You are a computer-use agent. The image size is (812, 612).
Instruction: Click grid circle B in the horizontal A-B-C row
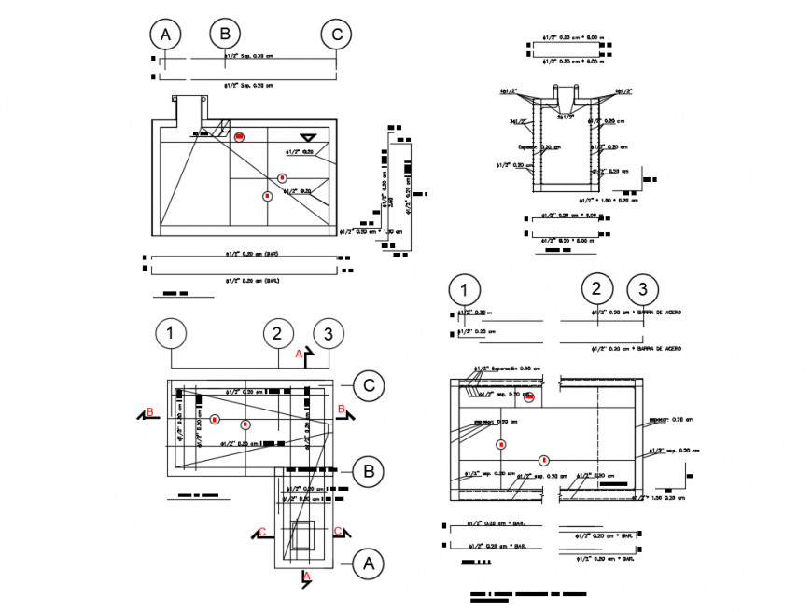tap(224, 35)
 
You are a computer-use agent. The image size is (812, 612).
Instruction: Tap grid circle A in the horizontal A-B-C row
tap(165, 35)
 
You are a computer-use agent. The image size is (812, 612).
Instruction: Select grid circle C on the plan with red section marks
tap(369, 384)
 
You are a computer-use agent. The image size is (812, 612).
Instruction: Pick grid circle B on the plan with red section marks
tap(369, 471)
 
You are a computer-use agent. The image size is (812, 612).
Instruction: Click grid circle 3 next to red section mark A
tap(327, 333)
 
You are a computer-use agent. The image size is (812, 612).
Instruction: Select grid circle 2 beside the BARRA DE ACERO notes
tap(597, 289)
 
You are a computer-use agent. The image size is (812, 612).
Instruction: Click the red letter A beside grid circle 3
tap(298, 355)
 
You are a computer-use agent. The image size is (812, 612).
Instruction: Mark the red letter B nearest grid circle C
tap(342, 410)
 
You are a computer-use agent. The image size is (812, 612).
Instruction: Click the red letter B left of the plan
tap(149, 411)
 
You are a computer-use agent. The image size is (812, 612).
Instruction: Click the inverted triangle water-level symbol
tap(304, 138)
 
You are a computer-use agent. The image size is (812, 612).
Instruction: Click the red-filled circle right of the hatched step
tap(240, 136)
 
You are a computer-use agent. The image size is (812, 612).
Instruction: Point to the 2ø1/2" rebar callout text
tap(566, 118)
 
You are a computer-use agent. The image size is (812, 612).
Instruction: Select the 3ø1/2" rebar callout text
tap(514, 121)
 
